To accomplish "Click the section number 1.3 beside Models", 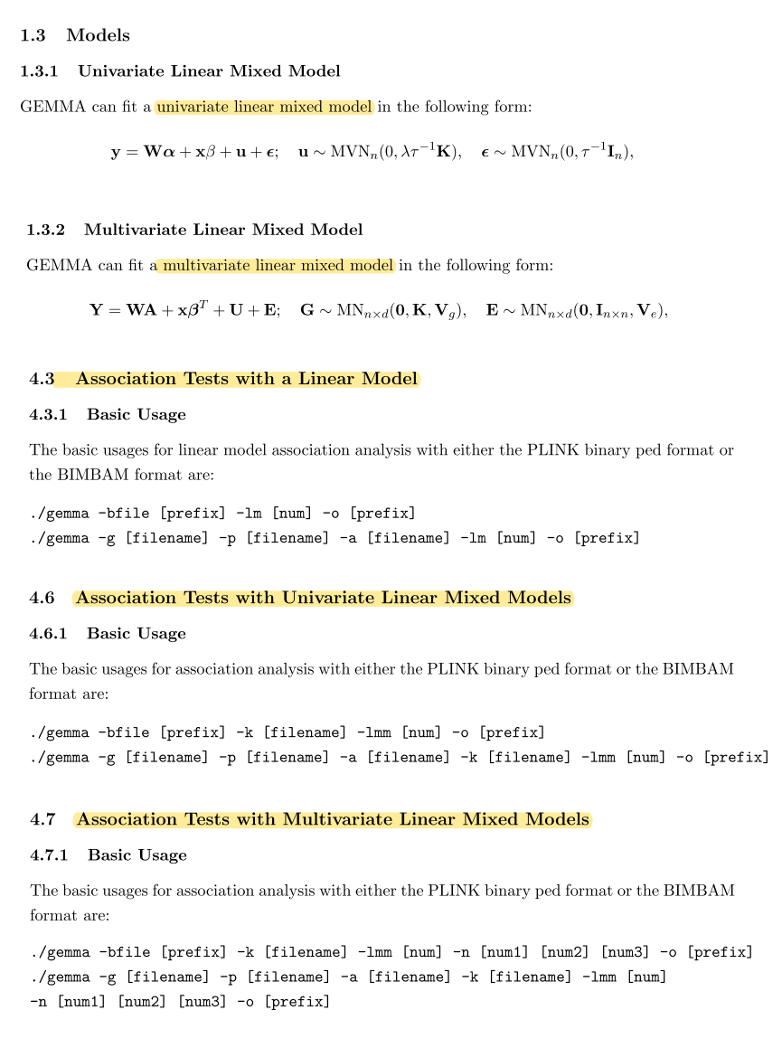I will [34, 35].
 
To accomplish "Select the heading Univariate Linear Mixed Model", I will [209, 71].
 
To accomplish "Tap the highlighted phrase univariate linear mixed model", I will [263, 107].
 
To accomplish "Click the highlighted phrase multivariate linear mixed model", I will [278, 265].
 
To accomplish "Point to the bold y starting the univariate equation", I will [116, 153].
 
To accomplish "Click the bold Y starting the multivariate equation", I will [96, 310].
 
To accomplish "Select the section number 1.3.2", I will [45, 229].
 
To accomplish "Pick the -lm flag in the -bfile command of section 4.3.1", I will [248, 514].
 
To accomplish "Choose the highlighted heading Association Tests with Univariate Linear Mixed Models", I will [323, 598].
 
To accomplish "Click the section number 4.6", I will [42, 598].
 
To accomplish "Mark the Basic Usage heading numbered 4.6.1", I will [136, 633].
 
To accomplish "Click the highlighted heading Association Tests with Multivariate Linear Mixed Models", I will [332, 819].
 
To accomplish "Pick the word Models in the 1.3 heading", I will [98, 35].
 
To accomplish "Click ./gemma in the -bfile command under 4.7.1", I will [59, 952].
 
